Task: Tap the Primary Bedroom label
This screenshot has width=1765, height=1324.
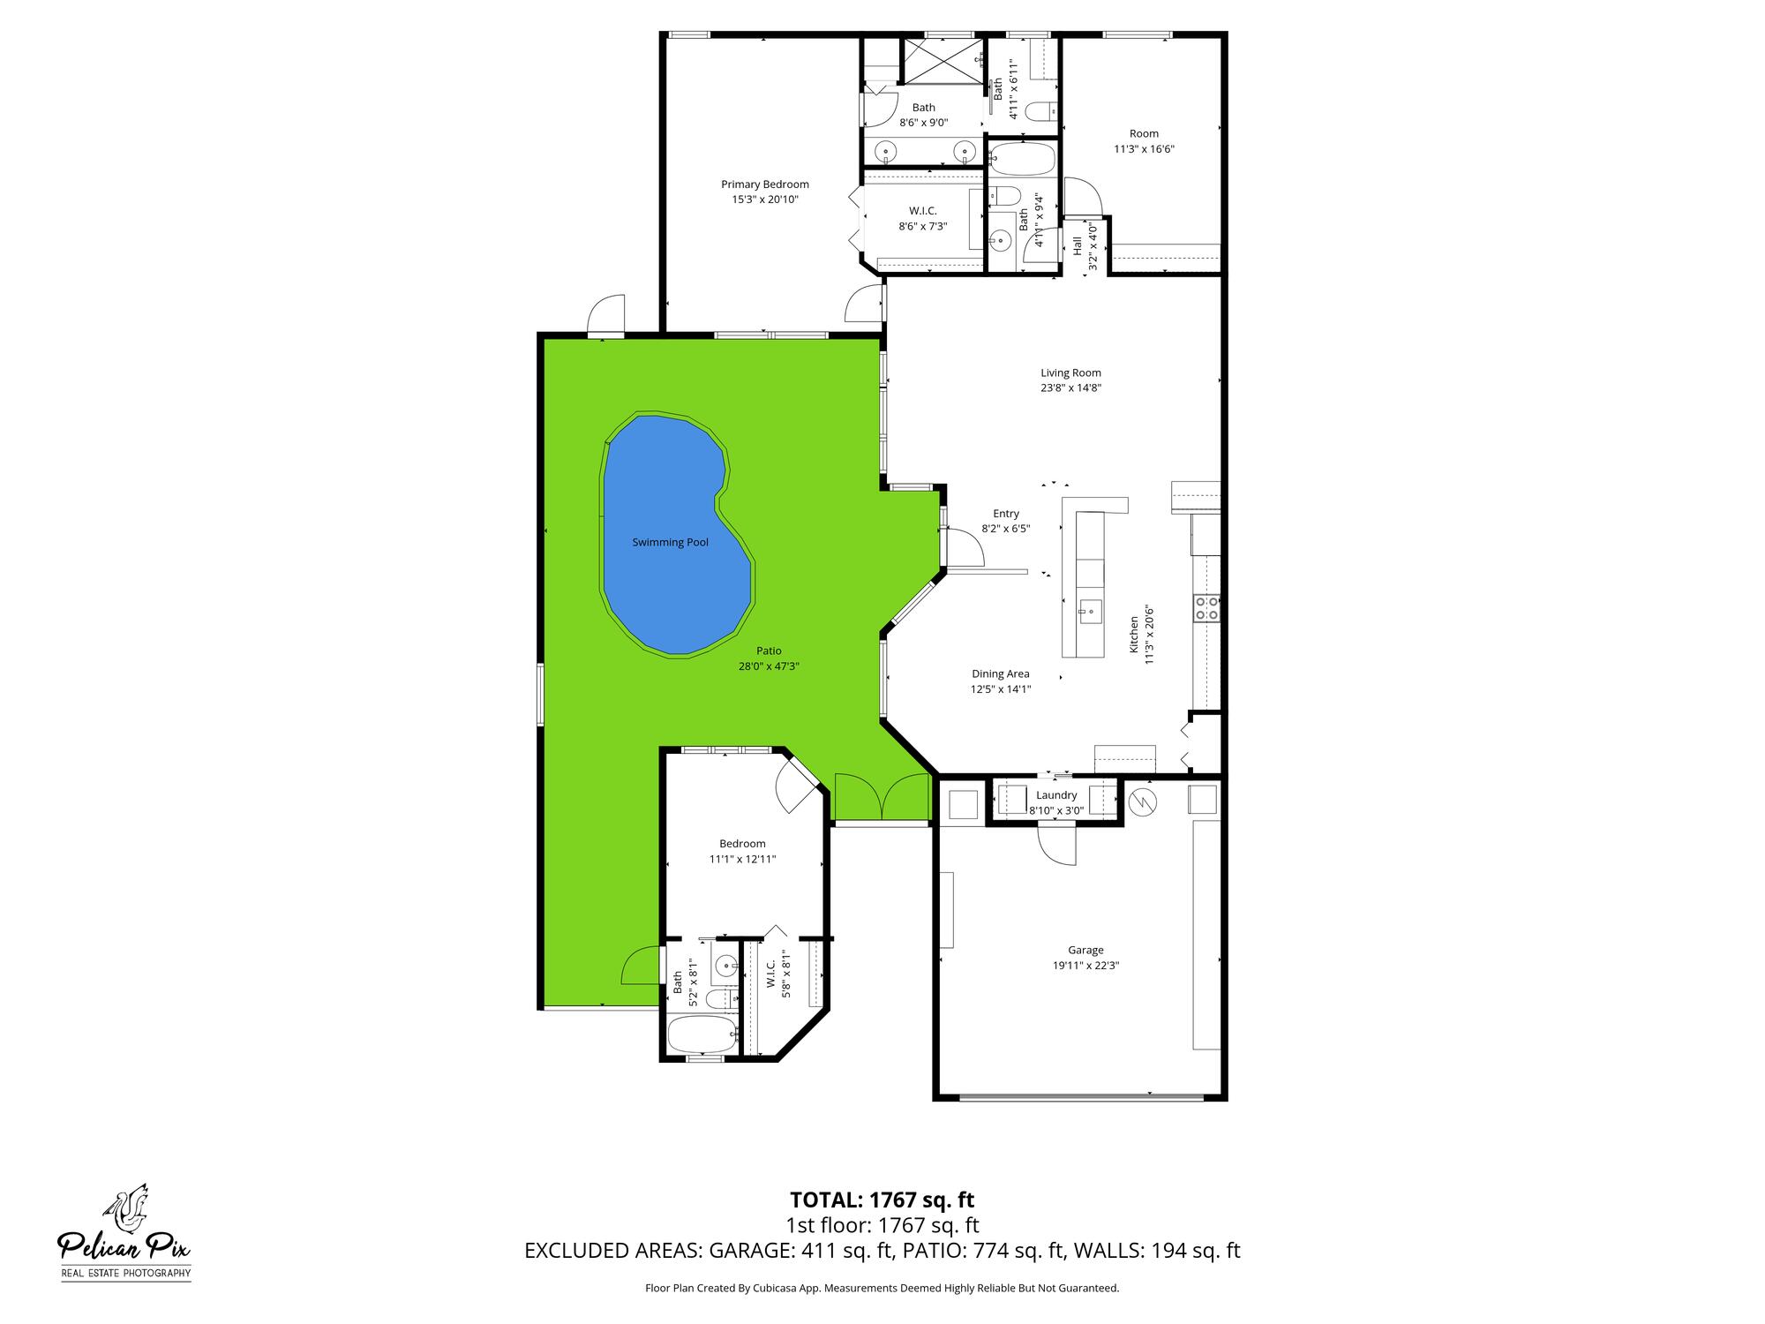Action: click(764, 184)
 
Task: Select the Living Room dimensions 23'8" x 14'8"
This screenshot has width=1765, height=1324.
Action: click(1070, 387)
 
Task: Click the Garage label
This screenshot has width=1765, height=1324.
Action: click(1085, 950)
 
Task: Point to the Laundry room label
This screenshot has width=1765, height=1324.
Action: click(1056, 795)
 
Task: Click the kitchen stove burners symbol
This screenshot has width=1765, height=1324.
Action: click(1206, 607)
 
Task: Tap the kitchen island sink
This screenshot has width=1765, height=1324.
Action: click(1088, 609)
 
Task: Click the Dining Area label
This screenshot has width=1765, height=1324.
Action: click(1001, 673)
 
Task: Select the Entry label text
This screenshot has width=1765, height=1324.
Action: click(1006, 514)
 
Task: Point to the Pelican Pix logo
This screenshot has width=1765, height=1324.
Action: click(124, 1232)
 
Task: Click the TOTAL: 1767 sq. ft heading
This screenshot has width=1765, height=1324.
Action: click(882, 1200)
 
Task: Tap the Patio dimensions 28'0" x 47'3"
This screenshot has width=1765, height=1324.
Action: click(769, 666)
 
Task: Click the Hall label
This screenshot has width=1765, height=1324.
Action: click(1077, 245)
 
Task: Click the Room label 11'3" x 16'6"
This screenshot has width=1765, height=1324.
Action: click(1144, 134)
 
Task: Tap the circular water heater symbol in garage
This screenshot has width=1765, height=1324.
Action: click(1144, 801)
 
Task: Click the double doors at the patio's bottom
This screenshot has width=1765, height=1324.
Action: click(882, 797)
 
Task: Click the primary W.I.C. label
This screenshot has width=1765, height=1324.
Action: click(923, 211)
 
